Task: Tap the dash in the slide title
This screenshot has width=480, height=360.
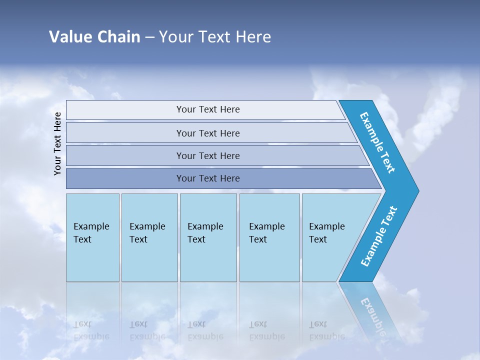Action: coord(149,37)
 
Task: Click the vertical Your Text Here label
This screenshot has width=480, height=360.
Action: coord(57,143)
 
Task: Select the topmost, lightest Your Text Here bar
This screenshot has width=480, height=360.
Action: coord(207,109)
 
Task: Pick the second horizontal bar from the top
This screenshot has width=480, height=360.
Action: coord(207,133)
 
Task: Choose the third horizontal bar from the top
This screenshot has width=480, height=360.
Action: coord(207,155)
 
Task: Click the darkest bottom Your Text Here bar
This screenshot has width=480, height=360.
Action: coord(207,178)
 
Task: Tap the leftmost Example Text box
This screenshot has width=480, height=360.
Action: coord(92,237)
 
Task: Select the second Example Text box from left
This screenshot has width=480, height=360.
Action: coord(149,237)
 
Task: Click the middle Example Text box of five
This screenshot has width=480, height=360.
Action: coord(208,237)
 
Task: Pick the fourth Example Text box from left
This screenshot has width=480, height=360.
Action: coord(269,237)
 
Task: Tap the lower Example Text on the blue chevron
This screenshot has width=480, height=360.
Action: coord(379,236)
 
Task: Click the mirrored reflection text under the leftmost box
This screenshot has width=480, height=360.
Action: coord(91,331)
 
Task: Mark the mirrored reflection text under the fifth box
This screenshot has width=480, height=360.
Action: coord(326,331)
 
